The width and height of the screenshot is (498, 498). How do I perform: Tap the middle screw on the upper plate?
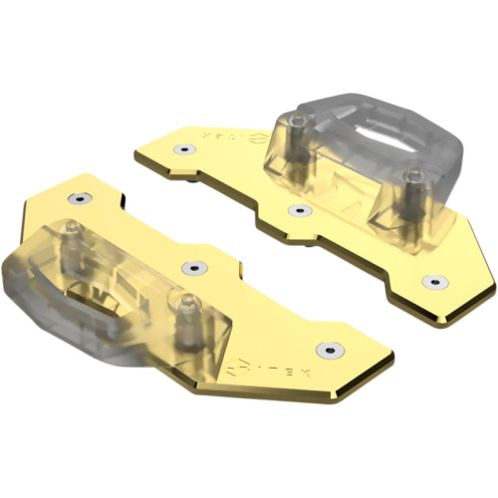(x=295, y=210)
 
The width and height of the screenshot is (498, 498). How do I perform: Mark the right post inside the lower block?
(x=180, y=304)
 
